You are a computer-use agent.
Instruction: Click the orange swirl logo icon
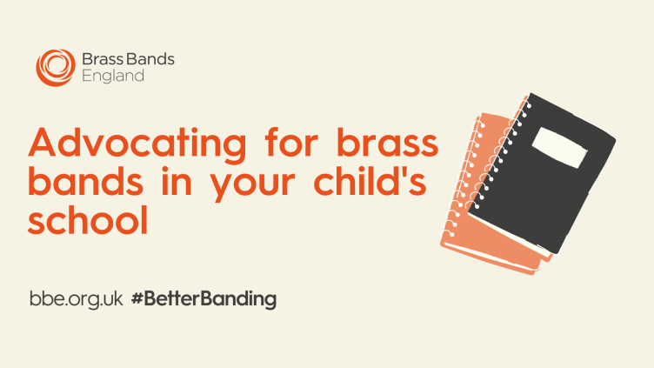pos(56,68)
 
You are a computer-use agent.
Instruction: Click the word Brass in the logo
pos(103,59)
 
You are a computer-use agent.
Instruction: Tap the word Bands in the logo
pos(150,59)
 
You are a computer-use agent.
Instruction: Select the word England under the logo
pos(113,76)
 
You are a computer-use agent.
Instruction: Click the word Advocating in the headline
pos(137,144)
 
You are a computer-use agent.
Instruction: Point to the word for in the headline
pos(291,142)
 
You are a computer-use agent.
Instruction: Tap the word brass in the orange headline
pos(388,142)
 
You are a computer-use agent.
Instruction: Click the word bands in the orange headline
pos(85,181)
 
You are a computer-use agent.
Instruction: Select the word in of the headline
pos(177,181)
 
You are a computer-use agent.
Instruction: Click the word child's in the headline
pos(370,181)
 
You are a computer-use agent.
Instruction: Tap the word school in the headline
pos(88,219)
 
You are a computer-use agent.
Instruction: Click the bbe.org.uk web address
pos(77,299)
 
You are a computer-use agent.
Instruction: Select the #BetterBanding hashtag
pos(204,299)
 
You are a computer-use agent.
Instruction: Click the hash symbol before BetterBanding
pos(137,299)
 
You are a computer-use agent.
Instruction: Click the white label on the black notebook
pos(559,148)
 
